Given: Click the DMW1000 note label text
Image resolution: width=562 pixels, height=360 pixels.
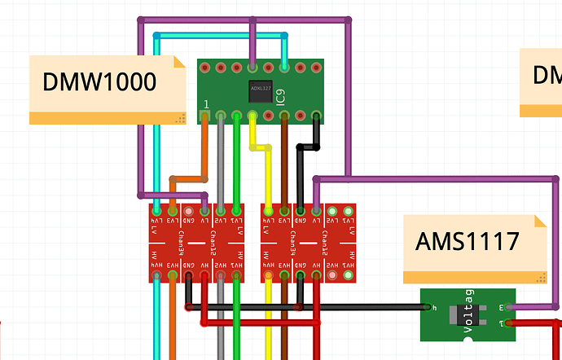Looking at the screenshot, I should pos(99,82).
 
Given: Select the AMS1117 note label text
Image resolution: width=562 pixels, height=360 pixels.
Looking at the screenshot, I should pos(467,242).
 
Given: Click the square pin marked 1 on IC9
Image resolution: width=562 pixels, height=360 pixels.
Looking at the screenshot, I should pos(205,116).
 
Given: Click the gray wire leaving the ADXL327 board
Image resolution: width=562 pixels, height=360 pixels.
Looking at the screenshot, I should pos(221,163).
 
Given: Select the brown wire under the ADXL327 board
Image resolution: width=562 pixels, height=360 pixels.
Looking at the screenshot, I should pos(284,163).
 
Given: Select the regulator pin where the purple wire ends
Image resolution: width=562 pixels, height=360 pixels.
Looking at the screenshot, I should pos(510,307).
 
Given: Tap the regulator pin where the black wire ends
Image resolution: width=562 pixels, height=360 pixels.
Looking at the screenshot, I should pos(426,307).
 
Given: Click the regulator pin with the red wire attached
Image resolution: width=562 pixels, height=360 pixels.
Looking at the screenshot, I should pos(510,323).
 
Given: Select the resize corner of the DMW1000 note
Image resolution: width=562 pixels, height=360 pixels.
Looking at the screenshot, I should pos(181,119).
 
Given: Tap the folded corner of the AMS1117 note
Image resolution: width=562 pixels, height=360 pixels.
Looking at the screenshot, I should pos(539,221).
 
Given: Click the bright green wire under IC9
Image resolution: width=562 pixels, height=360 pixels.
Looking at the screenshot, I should pos(237,163).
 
